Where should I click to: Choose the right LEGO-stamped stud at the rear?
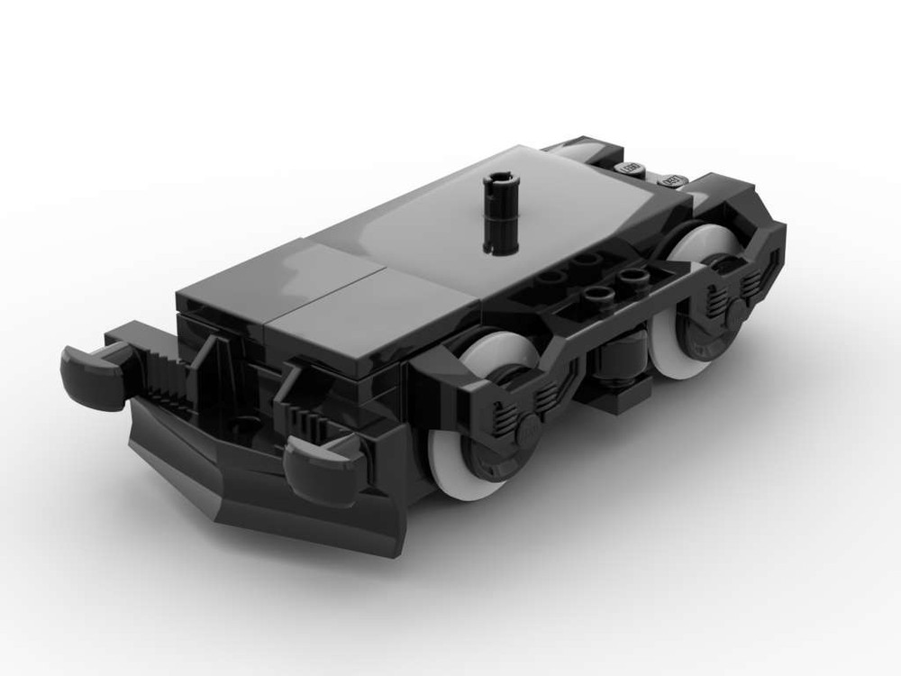pyautogui.click(x=671, y=181)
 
